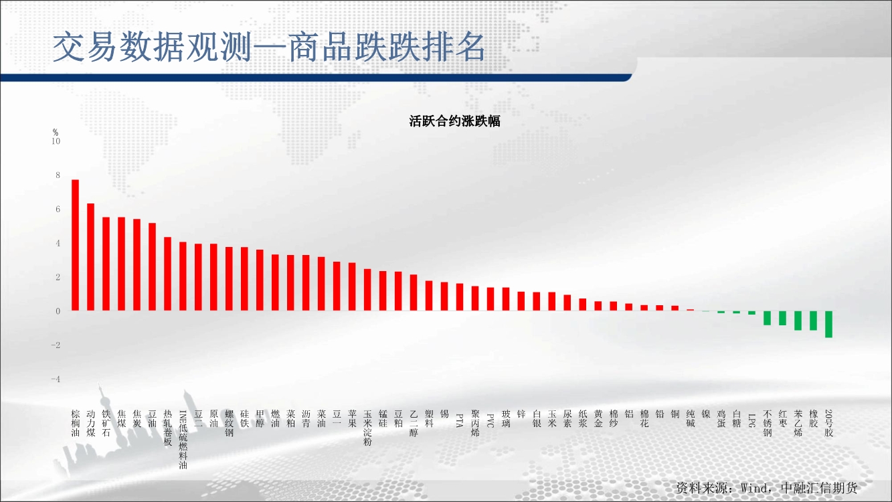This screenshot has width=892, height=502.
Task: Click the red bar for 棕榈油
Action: point(75,245)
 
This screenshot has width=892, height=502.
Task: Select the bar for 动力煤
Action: point(90,257)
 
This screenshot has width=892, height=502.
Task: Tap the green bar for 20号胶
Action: point(828,325)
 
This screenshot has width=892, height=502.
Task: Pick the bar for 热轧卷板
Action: point(168,274)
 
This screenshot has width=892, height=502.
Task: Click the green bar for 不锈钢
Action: point(768,318)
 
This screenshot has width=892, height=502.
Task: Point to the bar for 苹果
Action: point(352,287)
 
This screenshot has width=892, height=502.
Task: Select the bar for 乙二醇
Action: point(414,293)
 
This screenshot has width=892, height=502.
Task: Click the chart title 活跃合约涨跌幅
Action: point(454,121)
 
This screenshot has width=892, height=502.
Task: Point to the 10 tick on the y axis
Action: point(56,141)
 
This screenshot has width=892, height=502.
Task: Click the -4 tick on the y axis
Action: point(56,380)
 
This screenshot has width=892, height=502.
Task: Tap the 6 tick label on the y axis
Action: point(58,210)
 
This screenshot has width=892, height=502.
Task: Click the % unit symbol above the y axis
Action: point(56,132)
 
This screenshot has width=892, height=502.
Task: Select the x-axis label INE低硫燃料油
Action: point(183,440)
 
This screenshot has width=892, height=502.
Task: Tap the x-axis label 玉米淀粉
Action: point(367,428)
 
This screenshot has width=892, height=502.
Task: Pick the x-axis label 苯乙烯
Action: point(798,423)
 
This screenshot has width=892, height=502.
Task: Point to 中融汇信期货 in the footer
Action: point(819,488)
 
